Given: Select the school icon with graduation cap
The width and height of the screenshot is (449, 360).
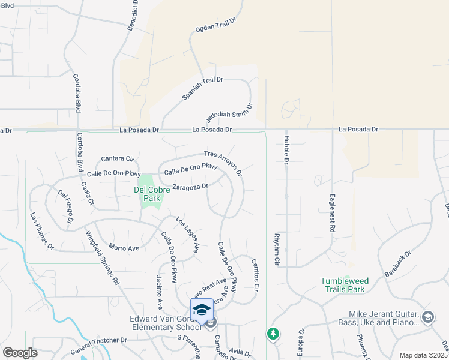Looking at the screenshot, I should click(202, 309).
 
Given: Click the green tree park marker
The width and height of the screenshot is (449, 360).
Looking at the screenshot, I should click(273, 333).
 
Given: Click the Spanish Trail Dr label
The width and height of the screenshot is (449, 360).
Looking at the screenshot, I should click(202, 88).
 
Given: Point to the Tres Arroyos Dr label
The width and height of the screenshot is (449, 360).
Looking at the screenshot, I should click(223, 163).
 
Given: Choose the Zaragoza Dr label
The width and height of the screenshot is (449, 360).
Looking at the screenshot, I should click(190, 187).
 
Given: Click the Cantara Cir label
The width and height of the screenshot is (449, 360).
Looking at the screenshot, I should click(117, 159).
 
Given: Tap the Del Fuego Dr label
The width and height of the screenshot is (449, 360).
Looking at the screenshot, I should click(65, 208).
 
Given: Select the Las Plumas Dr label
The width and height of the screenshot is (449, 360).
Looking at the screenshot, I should click(42, 231).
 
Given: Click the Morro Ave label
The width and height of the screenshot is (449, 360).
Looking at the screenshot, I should click(124, 247).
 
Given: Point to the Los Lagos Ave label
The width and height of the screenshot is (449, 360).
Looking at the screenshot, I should click(187, 233).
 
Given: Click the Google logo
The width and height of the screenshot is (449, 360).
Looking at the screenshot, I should click(20, 353).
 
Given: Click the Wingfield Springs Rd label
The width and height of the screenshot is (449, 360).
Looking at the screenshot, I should click(102, 257).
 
